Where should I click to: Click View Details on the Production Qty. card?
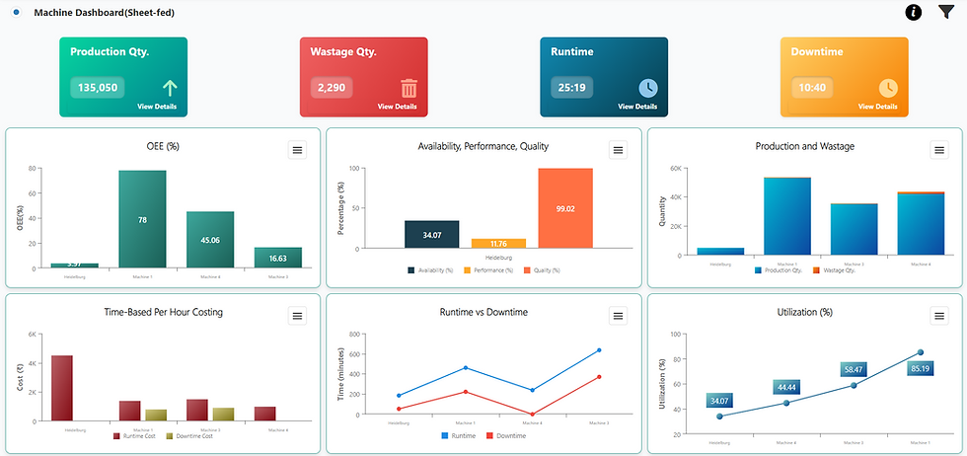(x=158, y=106)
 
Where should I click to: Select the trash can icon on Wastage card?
(x=409, y=88)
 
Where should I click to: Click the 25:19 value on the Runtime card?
(x=572, y=87)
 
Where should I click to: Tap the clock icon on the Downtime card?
(x=888, y=88)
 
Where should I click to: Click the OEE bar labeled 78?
(x=142, y=219)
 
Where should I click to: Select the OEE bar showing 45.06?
(x=210, y=239)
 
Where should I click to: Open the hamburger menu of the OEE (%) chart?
(x=298, y=149)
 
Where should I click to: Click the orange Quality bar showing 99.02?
(x=564, y=208)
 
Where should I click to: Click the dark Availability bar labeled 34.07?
(x=431, y=235)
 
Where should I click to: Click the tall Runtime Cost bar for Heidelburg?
(x=62, y=388)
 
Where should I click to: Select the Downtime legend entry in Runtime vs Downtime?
(x=506, y=435)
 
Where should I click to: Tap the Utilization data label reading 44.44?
(x=787, y=387)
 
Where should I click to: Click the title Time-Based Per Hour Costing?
(x=163, y=313)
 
